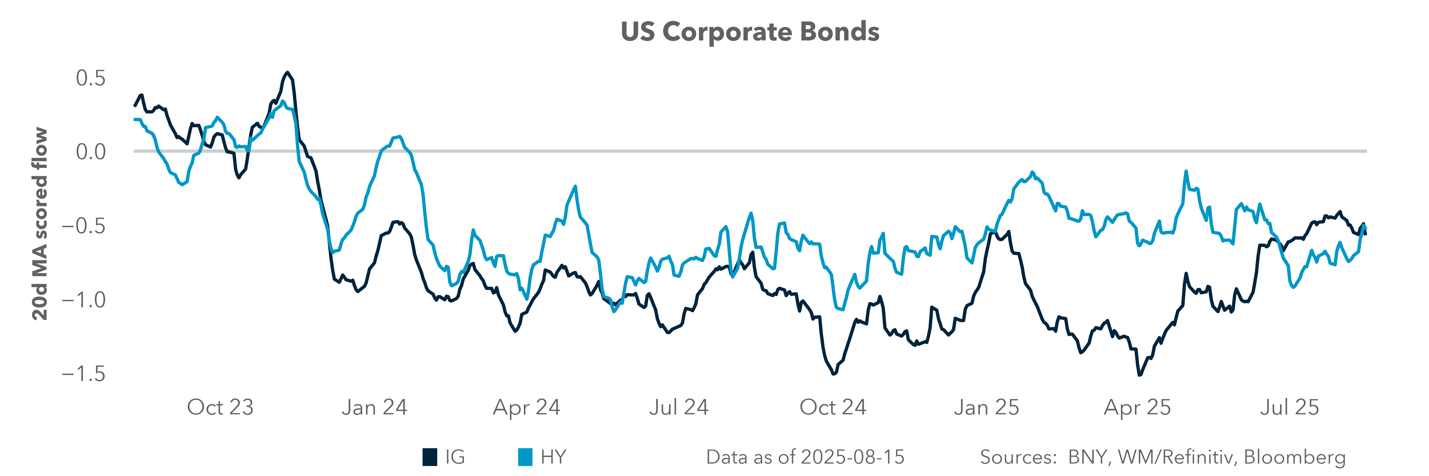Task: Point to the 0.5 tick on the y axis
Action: coord(91,78)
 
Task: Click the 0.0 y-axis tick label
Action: coord(91,151)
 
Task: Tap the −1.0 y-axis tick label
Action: coord(83,300)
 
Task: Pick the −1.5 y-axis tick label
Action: coord(83,374)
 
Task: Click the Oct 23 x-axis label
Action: coord(220,407)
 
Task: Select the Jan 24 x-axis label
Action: coord(374,407)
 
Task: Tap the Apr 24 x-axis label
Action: coord(526,407)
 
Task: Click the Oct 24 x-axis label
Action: coord(833,407)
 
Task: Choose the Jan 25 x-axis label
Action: coord(986,407)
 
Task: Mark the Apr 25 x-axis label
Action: coord(1137,407)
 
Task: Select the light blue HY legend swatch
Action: coord(525,457)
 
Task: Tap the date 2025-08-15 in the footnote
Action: coord(853,457)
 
